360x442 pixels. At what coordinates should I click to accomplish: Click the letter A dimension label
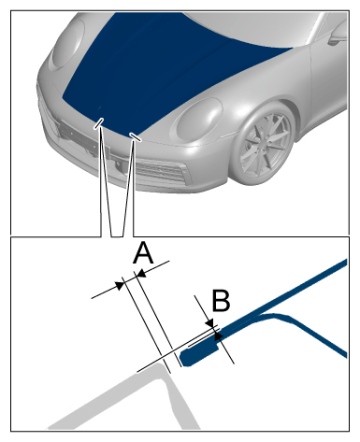point(143,253)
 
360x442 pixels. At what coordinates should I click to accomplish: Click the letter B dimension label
point(221,300)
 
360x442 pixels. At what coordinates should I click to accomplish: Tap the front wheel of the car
point(264,144)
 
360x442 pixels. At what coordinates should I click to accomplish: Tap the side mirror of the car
point(338,35)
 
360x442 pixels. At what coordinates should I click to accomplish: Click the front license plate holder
point(84,138)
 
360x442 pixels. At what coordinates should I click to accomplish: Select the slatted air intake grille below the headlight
point(162,172)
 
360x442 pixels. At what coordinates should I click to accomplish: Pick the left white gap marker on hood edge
point(98,123)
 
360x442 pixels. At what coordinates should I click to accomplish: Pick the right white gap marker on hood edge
point(136,136)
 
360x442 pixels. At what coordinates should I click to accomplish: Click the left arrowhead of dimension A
point(120,285)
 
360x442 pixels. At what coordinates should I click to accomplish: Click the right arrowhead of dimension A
point(141,274)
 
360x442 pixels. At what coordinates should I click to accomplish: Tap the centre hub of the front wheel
point(260,146)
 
